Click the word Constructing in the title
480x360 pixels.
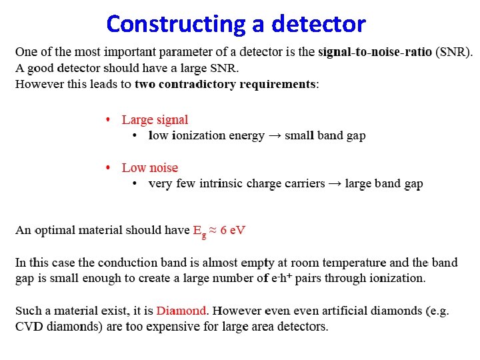176,24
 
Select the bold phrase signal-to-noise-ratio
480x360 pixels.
375,51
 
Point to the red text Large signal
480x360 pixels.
155,120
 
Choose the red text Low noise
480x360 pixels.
150,168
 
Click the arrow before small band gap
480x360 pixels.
275,135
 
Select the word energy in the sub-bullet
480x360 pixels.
243,136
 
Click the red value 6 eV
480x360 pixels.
233,230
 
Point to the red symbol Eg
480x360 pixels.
199,231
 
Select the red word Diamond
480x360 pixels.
182,311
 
